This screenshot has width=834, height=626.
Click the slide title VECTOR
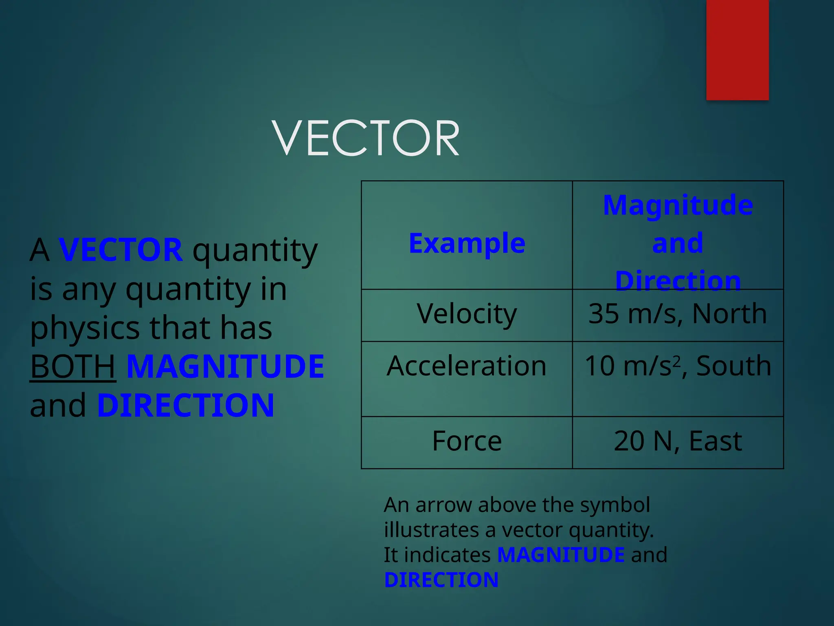366,138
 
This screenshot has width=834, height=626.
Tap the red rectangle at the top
737,50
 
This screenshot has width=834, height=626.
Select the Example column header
467,243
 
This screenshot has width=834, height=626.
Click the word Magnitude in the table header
678,205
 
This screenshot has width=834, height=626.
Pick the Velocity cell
467,314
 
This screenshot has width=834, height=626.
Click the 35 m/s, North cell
678,314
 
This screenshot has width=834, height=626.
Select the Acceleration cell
467,366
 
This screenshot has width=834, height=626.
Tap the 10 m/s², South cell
678,366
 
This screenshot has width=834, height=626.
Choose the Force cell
467,441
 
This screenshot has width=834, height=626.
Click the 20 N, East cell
678,441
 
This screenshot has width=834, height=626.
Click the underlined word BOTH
73,366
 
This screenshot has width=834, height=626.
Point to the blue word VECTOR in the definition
121,250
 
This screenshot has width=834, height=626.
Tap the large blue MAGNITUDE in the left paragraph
225,366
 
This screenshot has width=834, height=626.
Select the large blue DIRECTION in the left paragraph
186,406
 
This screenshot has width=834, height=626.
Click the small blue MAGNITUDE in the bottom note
561,555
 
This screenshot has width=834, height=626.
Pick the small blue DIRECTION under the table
441,580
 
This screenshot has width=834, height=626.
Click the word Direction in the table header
678,281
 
